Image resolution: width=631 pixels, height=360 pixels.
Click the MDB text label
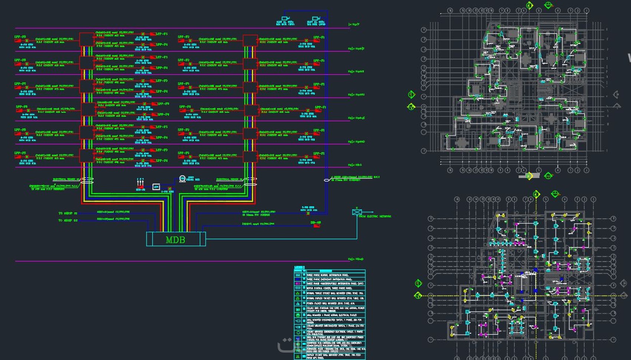(175, 240)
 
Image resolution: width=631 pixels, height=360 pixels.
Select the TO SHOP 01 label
(68, 213)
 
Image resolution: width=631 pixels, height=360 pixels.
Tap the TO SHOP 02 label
(68, 220)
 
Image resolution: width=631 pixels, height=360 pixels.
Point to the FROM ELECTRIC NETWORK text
(375, 216)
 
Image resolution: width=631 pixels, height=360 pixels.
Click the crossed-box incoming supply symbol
(357, 212)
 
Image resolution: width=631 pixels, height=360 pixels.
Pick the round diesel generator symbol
(182, 179)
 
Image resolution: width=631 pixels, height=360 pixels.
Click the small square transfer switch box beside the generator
(156, 187)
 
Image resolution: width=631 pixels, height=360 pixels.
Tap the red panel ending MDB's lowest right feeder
(317, 225)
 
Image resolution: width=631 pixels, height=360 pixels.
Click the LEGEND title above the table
(299, 267)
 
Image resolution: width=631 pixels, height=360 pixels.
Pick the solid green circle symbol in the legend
(298, 315)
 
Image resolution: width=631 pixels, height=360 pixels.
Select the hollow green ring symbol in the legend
(298, 333)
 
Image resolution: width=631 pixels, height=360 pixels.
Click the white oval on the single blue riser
(327, 180)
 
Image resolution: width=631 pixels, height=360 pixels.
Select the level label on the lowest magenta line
(356, 259)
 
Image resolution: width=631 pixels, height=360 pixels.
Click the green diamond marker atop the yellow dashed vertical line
(536, 194)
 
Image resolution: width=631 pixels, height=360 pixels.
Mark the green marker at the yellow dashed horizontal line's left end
(418, 295)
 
